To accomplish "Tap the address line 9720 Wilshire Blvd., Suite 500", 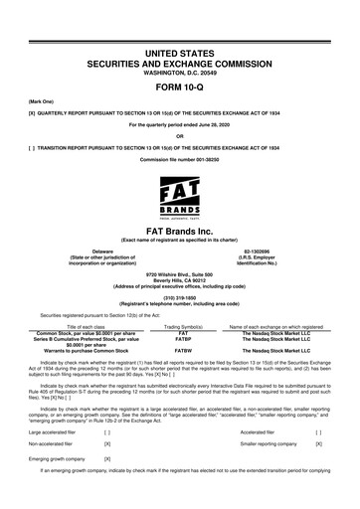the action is pyautogui.click(x=179, y=273).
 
